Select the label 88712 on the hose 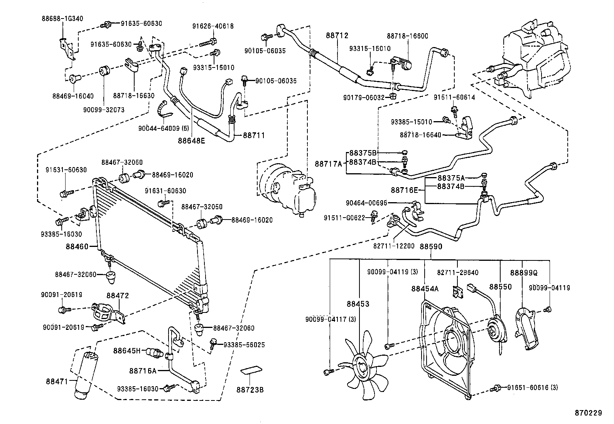[337, 35]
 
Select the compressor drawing [285, 189]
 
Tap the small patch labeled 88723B [251, 371]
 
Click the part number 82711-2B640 [458, 273]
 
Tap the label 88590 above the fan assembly [431, 247]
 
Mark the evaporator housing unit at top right [536, 58]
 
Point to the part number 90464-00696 [366, 203]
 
